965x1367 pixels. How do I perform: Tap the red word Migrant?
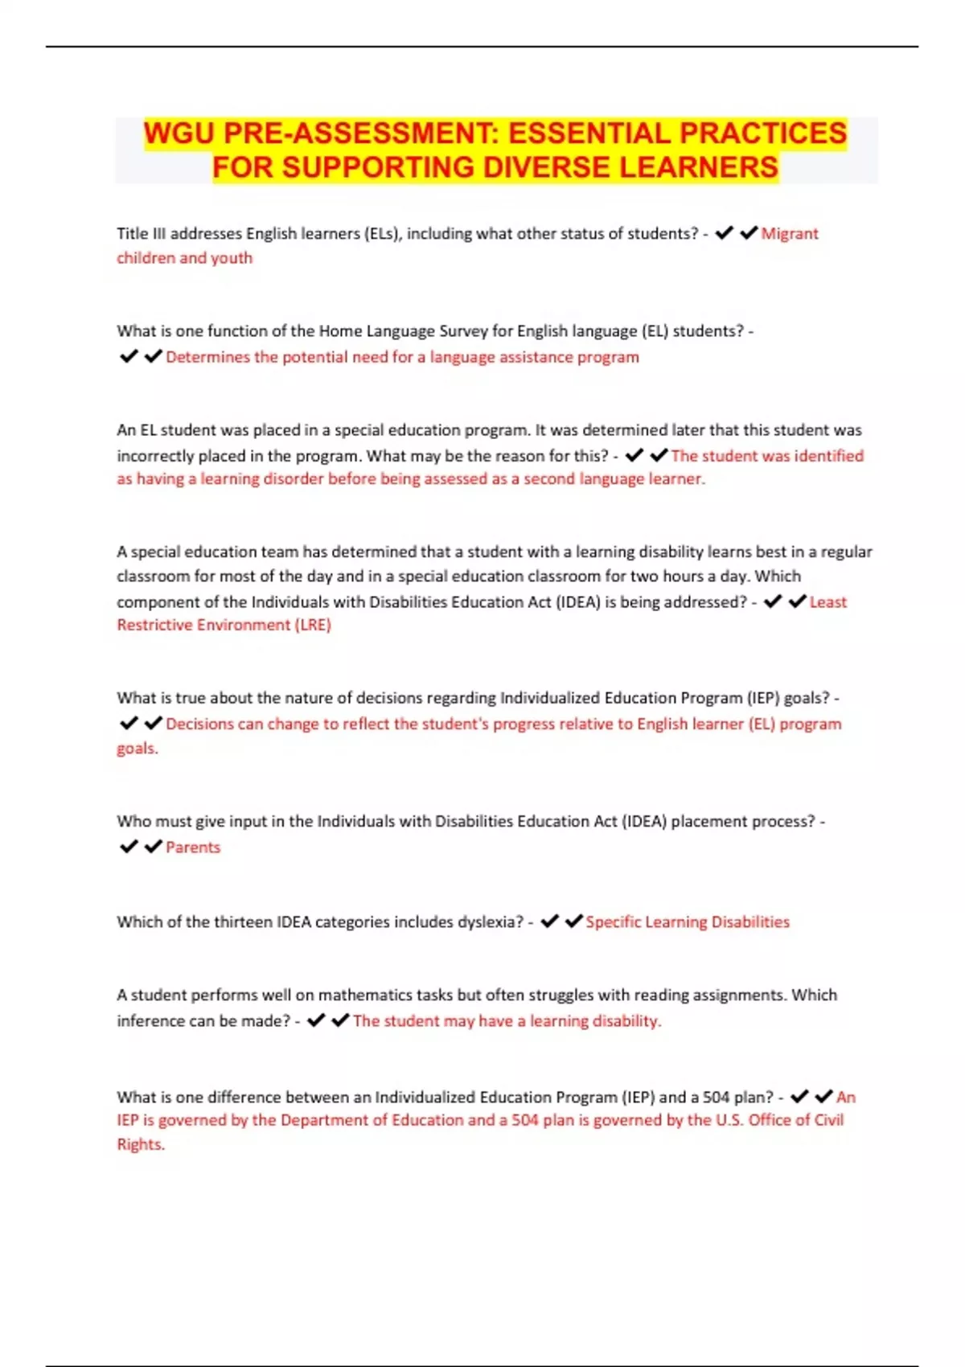click(790, 234)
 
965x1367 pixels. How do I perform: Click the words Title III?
click(141, 234)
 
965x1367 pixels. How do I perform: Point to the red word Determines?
click(208, 357)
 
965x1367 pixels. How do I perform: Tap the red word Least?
click(828, 602)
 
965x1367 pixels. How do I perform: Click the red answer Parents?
click(193, 848)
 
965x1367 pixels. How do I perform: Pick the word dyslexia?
click(490, 922)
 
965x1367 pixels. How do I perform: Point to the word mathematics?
click(365, 995)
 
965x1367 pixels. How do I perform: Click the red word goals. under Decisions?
click(138, 749)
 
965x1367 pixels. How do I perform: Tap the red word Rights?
click(141, 1144)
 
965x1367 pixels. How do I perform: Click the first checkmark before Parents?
click(129, 847)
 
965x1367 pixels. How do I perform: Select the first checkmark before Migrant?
click(724, 233)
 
